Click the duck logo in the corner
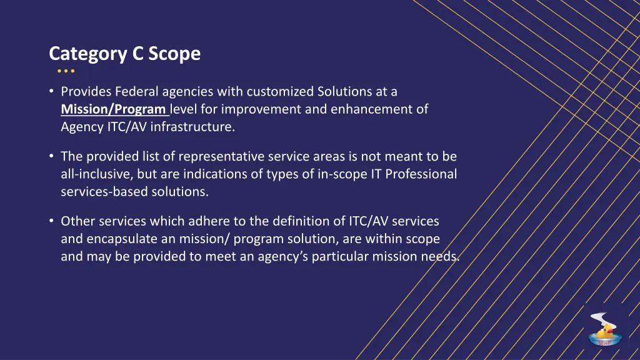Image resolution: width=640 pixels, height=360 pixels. click(604, 329)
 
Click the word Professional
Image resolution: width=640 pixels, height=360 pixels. click(421, 174)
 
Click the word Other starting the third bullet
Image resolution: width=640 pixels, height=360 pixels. click(77, 221)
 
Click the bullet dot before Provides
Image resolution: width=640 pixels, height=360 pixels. click(51, 92)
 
